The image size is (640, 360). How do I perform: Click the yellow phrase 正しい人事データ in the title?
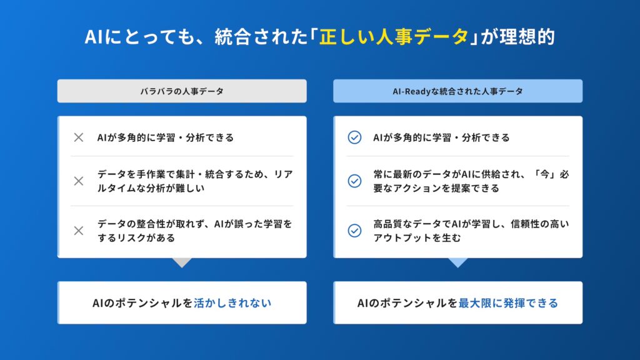pyautogui.click(x=394, y=37)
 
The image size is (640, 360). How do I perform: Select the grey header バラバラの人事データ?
pyautogui.click(x=182, y=91)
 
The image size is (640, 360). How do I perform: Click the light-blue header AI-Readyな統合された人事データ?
pyautogui.click(x=458, y=91)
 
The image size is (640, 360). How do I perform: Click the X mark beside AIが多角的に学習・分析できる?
pyautogui.click(x=79, y=137)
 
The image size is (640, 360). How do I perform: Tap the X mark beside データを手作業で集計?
pyautogui.click(x=79, y=181)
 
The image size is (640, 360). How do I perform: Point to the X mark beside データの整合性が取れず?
pyautogui.click(x=79, y=231)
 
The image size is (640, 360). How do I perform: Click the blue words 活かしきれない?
pyautogui.click(x=232, y=303)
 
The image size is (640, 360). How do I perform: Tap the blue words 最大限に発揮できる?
pyautogui.click(x=508, y=303)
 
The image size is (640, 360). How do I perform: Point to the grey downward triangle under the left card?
pyautogui.click(x=182, y=262)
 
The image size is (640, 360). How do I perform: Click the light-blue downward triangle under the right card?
pyautogui.click(x=458, y=262)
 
